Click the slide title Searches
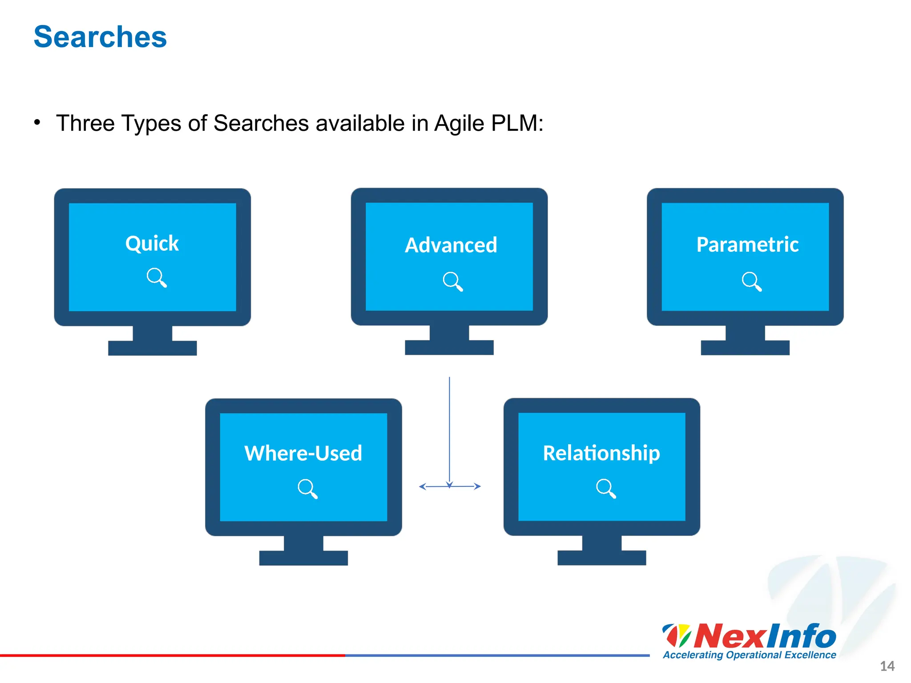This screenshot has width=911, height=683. point(100,37)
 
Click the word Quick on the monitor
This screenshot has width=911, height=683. point(152,244)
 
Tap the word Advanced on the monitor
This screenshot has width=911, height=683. point(451,245)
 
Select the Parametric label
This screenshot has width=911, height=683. point(747,245)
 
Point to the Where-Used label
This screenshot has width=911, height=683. point(303,454)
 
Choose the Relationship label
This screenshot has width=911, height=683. point(601,454)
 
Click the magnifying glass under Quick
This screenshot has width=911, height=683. point(157,277)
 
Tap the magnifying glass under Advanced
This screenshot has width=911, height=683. point(453,281)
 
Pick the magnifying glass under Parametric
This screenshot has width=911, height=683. point(752,281)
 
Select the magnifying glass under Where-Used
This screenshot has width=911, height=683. point(307,489)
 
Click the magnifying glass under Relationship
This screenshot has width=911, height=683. point(606,488)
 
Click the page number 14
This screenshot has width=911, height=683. point(887,666)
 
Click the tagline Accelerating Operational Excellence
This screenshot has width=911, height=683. point(750,655)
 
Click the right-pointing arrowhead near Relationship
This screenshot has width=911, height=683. point(478,486)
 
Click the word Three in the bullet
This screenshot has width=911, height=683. point(85,123)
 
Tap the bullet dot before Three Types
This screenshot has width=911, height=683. point(37,122)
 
